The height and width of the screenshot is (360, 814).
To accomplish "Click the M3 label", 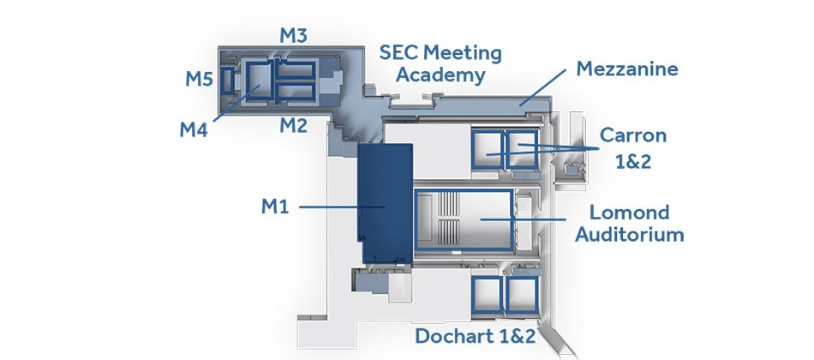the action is [x=293, y=35].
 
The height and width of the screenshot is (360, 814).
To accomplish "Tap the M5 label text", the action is [x=200, y=79].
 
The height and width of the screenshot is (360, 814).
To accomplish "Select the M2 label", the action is [x=294, y=125].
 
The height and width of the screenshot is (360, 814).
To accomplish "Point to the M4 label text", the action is [x=194, y=130].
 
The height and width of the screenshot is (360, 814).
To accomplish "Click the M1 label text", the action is [x=275, y=207].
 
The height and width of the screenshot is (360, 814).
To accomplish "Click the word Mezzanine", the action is [x=627, y=69].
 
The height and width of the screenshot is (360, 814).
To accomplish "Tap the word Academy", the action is [x=440, y=75].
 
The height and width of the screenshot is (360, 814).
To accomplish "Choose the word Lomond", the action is [x=629, y=212].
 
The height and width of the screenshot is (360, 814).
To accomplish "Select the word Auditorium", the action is [x=629, y=235].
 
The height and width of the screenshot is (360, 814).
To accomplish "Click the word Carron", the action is [x=633, y=135].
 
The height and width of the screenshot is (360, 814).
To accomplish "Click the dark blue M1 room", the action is [x=386, y=203].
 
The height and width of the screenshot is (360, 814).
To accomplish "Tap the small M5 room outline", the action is [x=227, y=81].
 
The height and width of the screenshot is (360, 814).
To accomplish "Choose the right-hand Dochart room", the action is [x=523, y=295].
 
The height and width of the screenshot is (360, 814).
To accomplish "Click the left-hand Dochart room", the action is [x=487, y=295].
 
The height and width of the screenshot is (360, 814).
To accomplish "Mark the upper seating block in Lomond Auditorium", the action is [x=449, y=204].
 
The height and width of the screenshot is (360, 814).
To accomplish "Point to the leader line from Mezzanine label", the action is [x=542, y=87].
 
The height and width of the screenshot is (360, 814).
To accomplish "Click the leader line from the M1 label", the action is [x=342, y=207].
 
